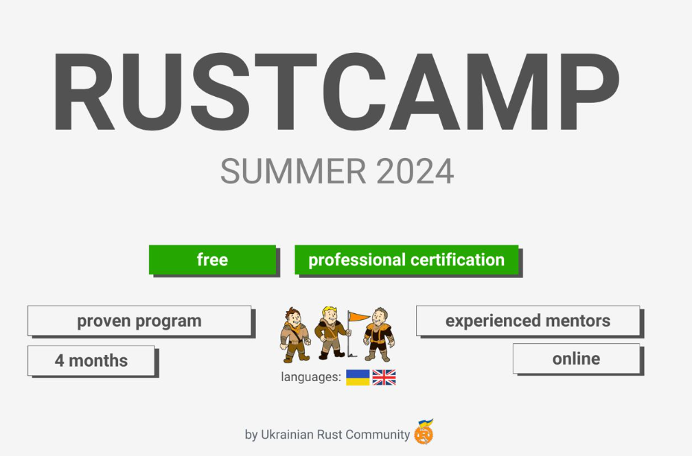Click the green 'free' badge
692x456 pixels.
click(x=212, y=260)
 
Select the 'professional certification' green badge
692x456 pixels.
click(x=406, y=260)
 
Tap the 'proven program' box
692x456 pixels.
click(x=139, y=321)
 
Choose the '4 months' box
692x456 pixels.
click(x=91, y=361)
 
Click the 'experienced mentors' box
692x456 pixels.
click(x=527, y=321)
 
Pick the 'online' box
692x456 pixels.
click(x=576, y=358)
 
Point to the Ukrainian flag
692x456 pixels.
click(x=358, y=377)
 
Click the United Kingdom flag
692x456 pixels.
click(x=384, y=377)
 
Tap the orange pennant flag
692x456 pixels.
click(x=358, y=317)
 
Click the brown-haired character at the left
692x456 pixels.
click(x=295, y=334)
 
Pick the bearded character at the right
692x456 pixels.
click(x=378, y=334)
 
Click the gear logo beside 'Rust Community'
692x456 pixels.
click(x=424, y=432)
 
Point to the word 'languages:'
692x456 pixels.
click(x=311, y=377)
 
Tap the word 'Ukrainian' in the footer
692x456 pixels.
click(x=288, y=435)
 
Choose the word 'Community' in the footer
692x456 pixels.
click(x=378, y=435)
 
